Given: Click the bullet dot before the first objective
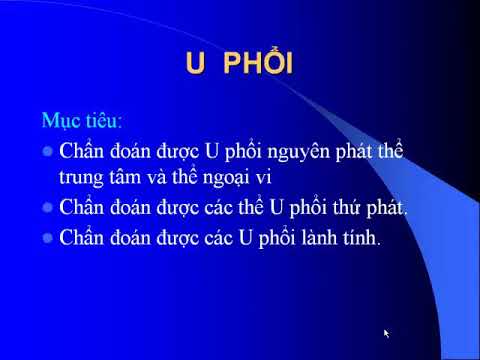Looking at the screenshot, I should [x=47, y=152].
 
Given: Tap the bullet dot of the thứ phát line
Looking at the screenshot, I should [x=47, y=208].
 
